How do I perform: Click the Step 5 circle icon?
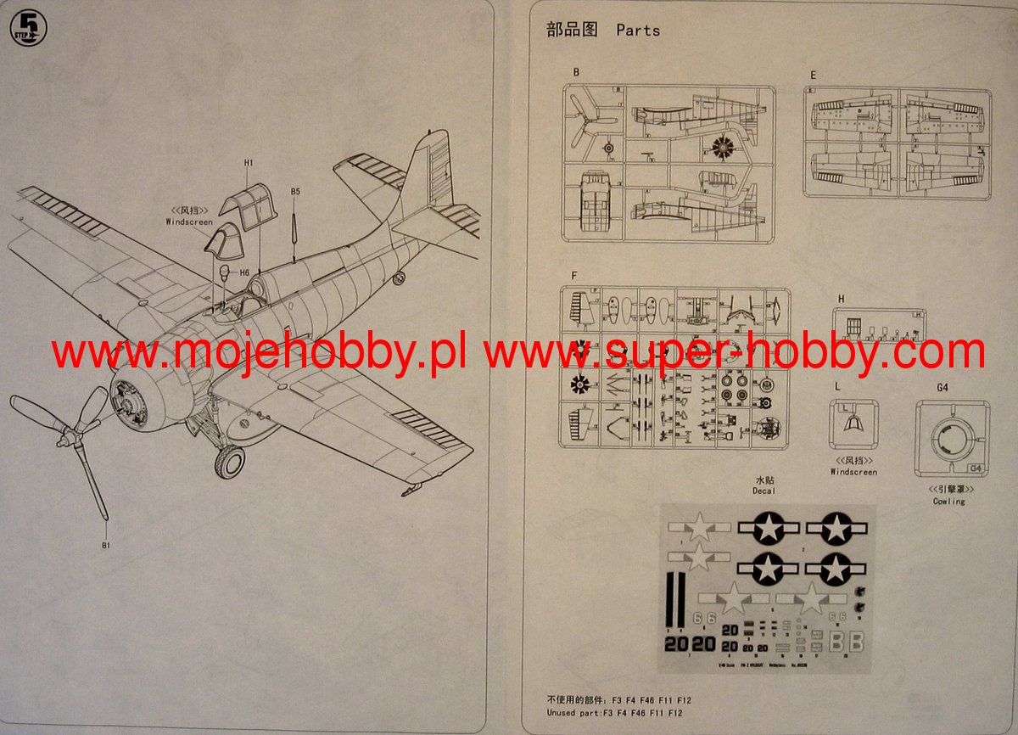[29, 27]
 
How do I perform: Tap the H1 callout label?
[249, 162]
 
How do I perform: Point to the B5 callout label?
[295, 192]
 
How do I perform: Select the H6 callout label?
[243, 272]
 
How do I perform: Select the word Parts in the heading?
[638, 31]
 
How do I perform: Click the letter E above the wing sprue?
[813, 76]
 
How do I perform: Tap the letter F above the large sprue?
[574, 276]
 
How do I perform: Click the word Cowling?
[948, 502]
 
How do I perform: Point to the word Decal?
[763, 491]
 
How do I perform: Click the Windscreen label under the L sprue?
[853, 472]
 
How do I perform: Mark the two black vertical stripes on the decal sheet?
[674, 598]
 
